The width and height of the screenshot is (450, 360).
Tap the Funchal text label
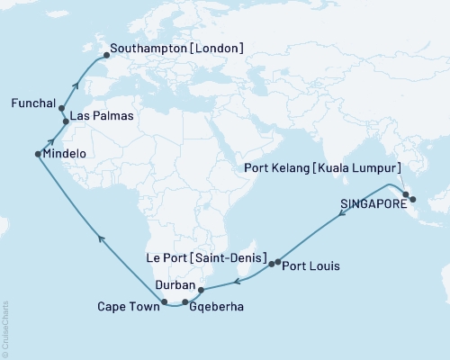33,103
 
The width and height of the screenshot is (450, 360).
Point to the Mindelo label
67,154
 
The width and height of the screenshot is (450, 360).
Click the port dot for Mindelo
38,154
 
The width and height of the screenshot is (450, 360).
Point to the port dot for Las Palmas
66,120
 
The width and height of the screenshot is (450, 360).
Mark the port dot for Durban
201,290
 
